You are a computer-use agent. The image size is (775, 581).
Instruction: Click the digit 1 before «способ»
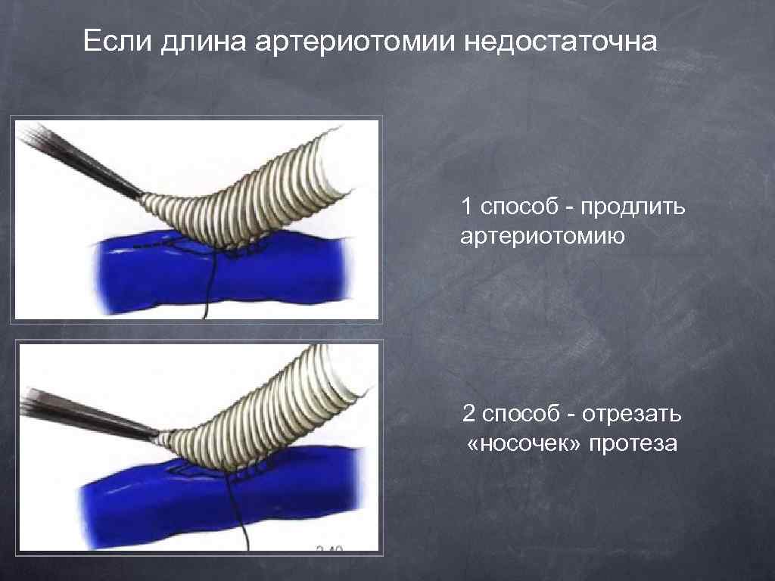[x=467, y=207]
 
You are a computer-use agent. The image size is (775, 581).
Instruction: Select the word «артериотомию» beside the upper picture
[x=543, y=237]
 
